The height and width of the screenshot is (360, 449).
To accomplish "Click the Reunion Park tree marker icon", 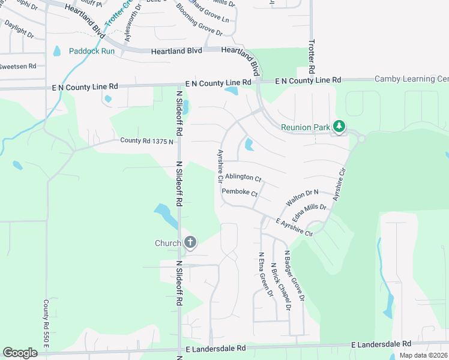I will pyautogui.click(x=340, y=126).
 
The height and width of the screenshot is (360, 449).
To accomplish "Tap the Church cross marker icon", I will pyautogui.click(x=190, y=242).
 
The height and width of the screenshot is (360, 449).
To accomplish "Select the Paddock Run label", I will pyautogui.click(x=91, y=51).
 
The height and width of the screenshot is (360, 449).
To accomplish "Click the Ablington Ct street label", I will pyautogui.click(x=243, y=178).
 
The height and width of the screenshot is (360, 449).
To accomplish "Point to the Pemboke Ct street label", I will pyautogui.click(x=240, y=193).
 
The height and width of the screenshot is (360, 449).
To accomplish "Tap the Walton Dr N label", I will pyautogui.click(x=301, y=196).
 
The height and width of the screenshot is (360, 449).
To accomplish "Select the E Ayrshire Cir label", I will pyautogui.click(x=294, y=227).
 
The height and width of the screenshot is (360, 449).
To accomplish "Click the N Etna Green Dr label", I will pyautogui.click(x=264, y=274).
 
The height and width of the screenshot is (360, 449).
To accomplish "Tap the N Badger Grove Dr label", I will pyautogui.click(x=295, y=275).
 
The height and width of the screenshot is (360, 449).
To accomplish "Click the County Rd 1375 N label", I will pyautogui.click(x=146, y=142).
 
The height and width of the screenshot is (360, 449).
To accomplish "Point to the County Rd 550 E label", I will pyautogui.click(x=46, y=322).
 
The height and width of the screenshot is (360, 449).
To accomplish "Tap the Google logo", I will pyautogui.click(x=20, y=353).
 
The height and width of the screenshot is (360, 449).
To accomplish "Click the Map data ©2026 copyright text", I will pyautogui.click(x=423, y=355).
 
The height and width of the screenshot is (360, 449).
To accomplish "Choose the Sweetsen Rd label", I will pyautogui.click(x=18, y=66).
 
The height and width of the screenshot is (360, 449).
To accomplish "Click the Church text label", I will pyautogui.click(x=168, y=243).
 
